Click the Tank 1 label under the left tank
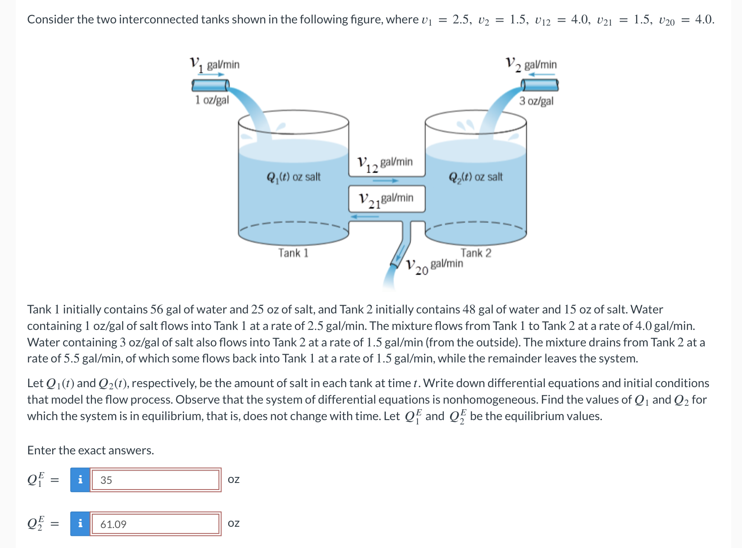(x=293, y=253)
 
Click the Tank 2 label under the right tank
(x=476, y=253)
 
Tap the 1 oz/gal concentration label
(x=212, y=100)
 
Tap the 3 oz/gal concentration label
(x=536, y=101)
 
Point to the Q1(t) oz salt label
(x=293, y=177)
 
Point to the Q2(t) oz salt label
(x=476, y=177)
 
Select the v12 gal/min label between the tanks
(x=385, y=163)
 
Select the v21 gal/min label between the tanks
(x=386, y=199)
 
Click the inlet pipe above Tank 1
(x=210, y=85)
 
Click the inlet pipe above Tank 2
(x=540, y=85)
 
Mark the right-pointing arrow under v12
(x=386, y=180)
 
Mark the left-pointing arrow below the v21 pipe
(x=364, y=216)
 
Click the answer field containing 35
(x=155, y=480)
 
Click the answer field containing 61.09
(x=155, y=524)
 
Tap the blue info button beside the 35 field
(x=80, y=480)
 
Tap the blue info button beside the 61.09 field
(x=80, y=524)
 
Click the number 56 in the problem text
(x=157, y=310)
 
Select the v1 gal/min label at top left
(x=215, y=65)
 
